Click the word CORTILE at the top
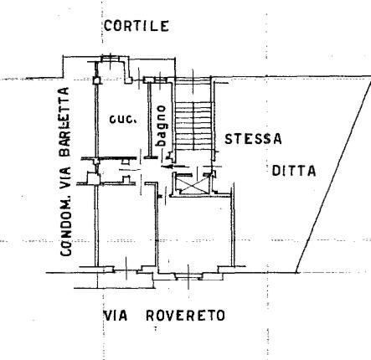[137, 26]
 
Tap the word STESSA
[253, 139]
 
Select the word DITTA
[294, 171]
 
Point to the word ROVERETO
[186, 316]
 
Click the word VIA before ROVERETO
[116, 316]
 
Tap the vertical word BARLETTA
[64, 122]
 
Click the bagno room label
[162, 126]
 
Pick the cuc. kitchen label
[123, 120]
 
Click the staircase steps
[193, 126]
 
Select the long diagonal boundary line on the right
[333, 175]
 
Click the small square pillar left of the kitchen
[96, 81]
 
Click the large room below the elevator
[193, 233]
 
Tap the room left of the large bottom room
[126, 225]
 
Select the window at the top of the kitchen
[111, 59]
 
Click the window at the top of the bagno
[160, 80]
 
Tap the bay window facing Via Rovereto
[188, 276]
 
